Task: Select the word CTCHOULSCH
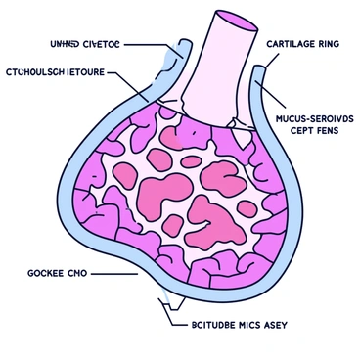click(37, 72)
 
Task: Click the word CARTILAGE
click(291, 43)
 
